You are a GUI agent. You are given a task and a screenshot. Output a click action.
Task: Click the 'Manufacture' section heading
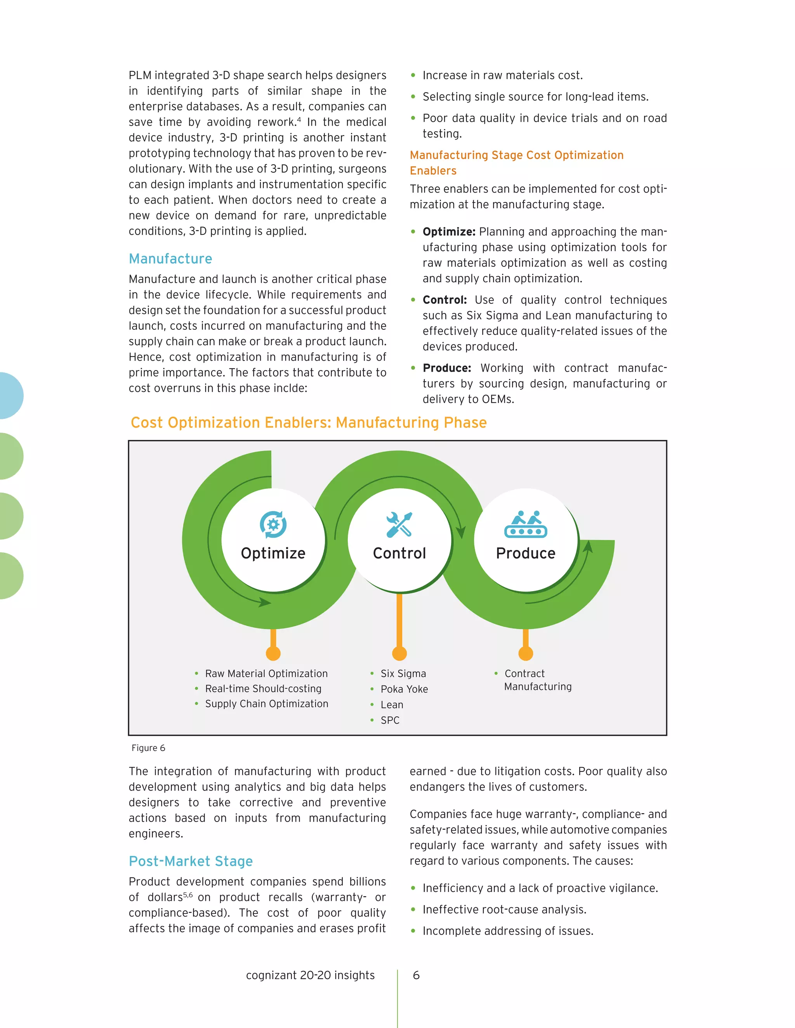click(x=170, y=259)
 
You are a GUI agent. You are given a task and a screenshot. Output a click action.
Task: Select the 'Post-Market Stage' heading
click(x=191, y=861)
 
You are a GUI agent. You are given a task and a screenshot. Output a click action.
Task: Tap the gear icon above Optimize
click(x=273, y=524)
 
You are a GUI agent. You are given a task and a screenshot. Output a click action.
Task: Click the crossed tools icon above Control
click(x=399, y=524)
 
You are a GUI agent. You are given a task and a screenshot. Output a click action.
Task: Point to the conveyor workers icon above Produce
click(x=526, y=524)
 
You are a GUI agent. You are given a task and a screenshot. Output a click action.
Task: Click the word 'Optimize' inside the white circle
click(x=273, y=553)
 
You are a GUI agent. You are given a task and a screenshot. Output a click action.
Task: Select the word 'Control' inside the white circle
click(x=399, y=553)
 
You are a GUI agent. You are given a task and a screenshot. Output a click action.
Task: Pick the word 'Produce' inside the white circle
click(x=526, y=553)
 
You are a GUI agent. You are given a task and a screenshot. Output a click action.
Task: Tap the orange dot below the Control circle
click(x=399, y=653)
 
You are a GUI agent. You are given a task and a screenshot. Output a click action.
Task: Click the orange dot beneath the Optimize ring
click(x=273, y=653)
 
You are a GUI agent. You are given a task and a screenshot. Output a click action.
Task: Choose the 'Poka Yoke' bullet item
click(x=404, y=689)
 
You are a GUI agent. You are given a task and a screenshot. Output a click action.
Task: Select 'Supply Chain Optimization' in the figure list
click(x=267, y=704)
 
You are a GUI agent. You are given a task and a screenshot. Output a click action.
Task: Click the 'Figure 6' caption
click(x=148, y=748)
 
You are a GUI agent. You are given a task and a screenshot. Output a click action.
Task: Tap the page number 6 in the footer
click(x=416, y=975)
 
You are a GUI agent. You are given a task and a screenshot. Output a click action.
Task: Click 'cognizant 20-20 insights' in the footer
click(x=311, y=975)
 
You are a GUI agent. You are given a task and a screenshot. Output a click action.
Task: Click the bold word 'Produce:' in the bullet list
click(x=446, y=368)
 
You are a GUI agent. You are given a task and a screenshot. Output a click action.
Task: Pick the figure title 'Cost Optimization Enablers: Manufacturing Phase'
click(x=309, y=423)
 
